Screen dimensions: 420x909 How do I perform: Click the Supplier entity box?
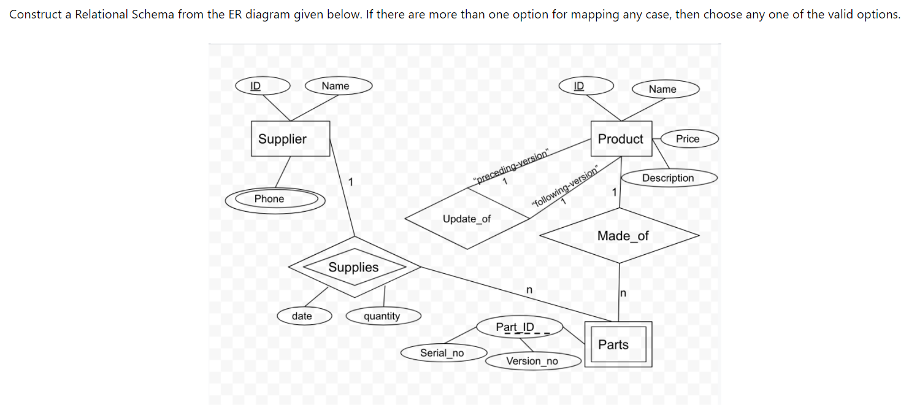(290, 139)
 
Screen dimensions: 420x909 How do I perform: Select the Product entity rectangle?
(621, 139)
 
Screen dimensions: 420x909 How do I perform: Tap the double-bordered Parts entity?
(618, 344)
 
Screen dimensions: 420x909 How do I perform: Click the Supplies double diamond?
(354, 267)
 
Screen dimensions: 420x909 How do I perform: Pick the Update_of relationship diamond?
(467, 219)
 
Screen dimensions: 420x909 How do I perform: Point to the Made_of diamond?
(620, 236)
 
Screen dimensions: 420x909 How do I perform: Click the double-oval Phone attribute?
(274, 199)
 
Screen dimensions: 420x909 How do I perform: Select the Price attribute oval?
(688, 139)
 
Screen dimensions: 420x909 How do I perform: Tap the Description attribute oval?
(668, 178)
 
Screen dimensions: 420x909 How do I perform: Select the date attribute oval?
(303, 316)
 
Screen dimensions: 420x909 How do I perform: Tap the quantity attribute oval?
(383, 316)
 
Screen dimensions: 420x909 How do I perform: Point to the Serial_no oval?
(442, 353)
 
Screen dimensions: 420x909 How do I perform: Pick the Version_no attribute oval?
(532, 361)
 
